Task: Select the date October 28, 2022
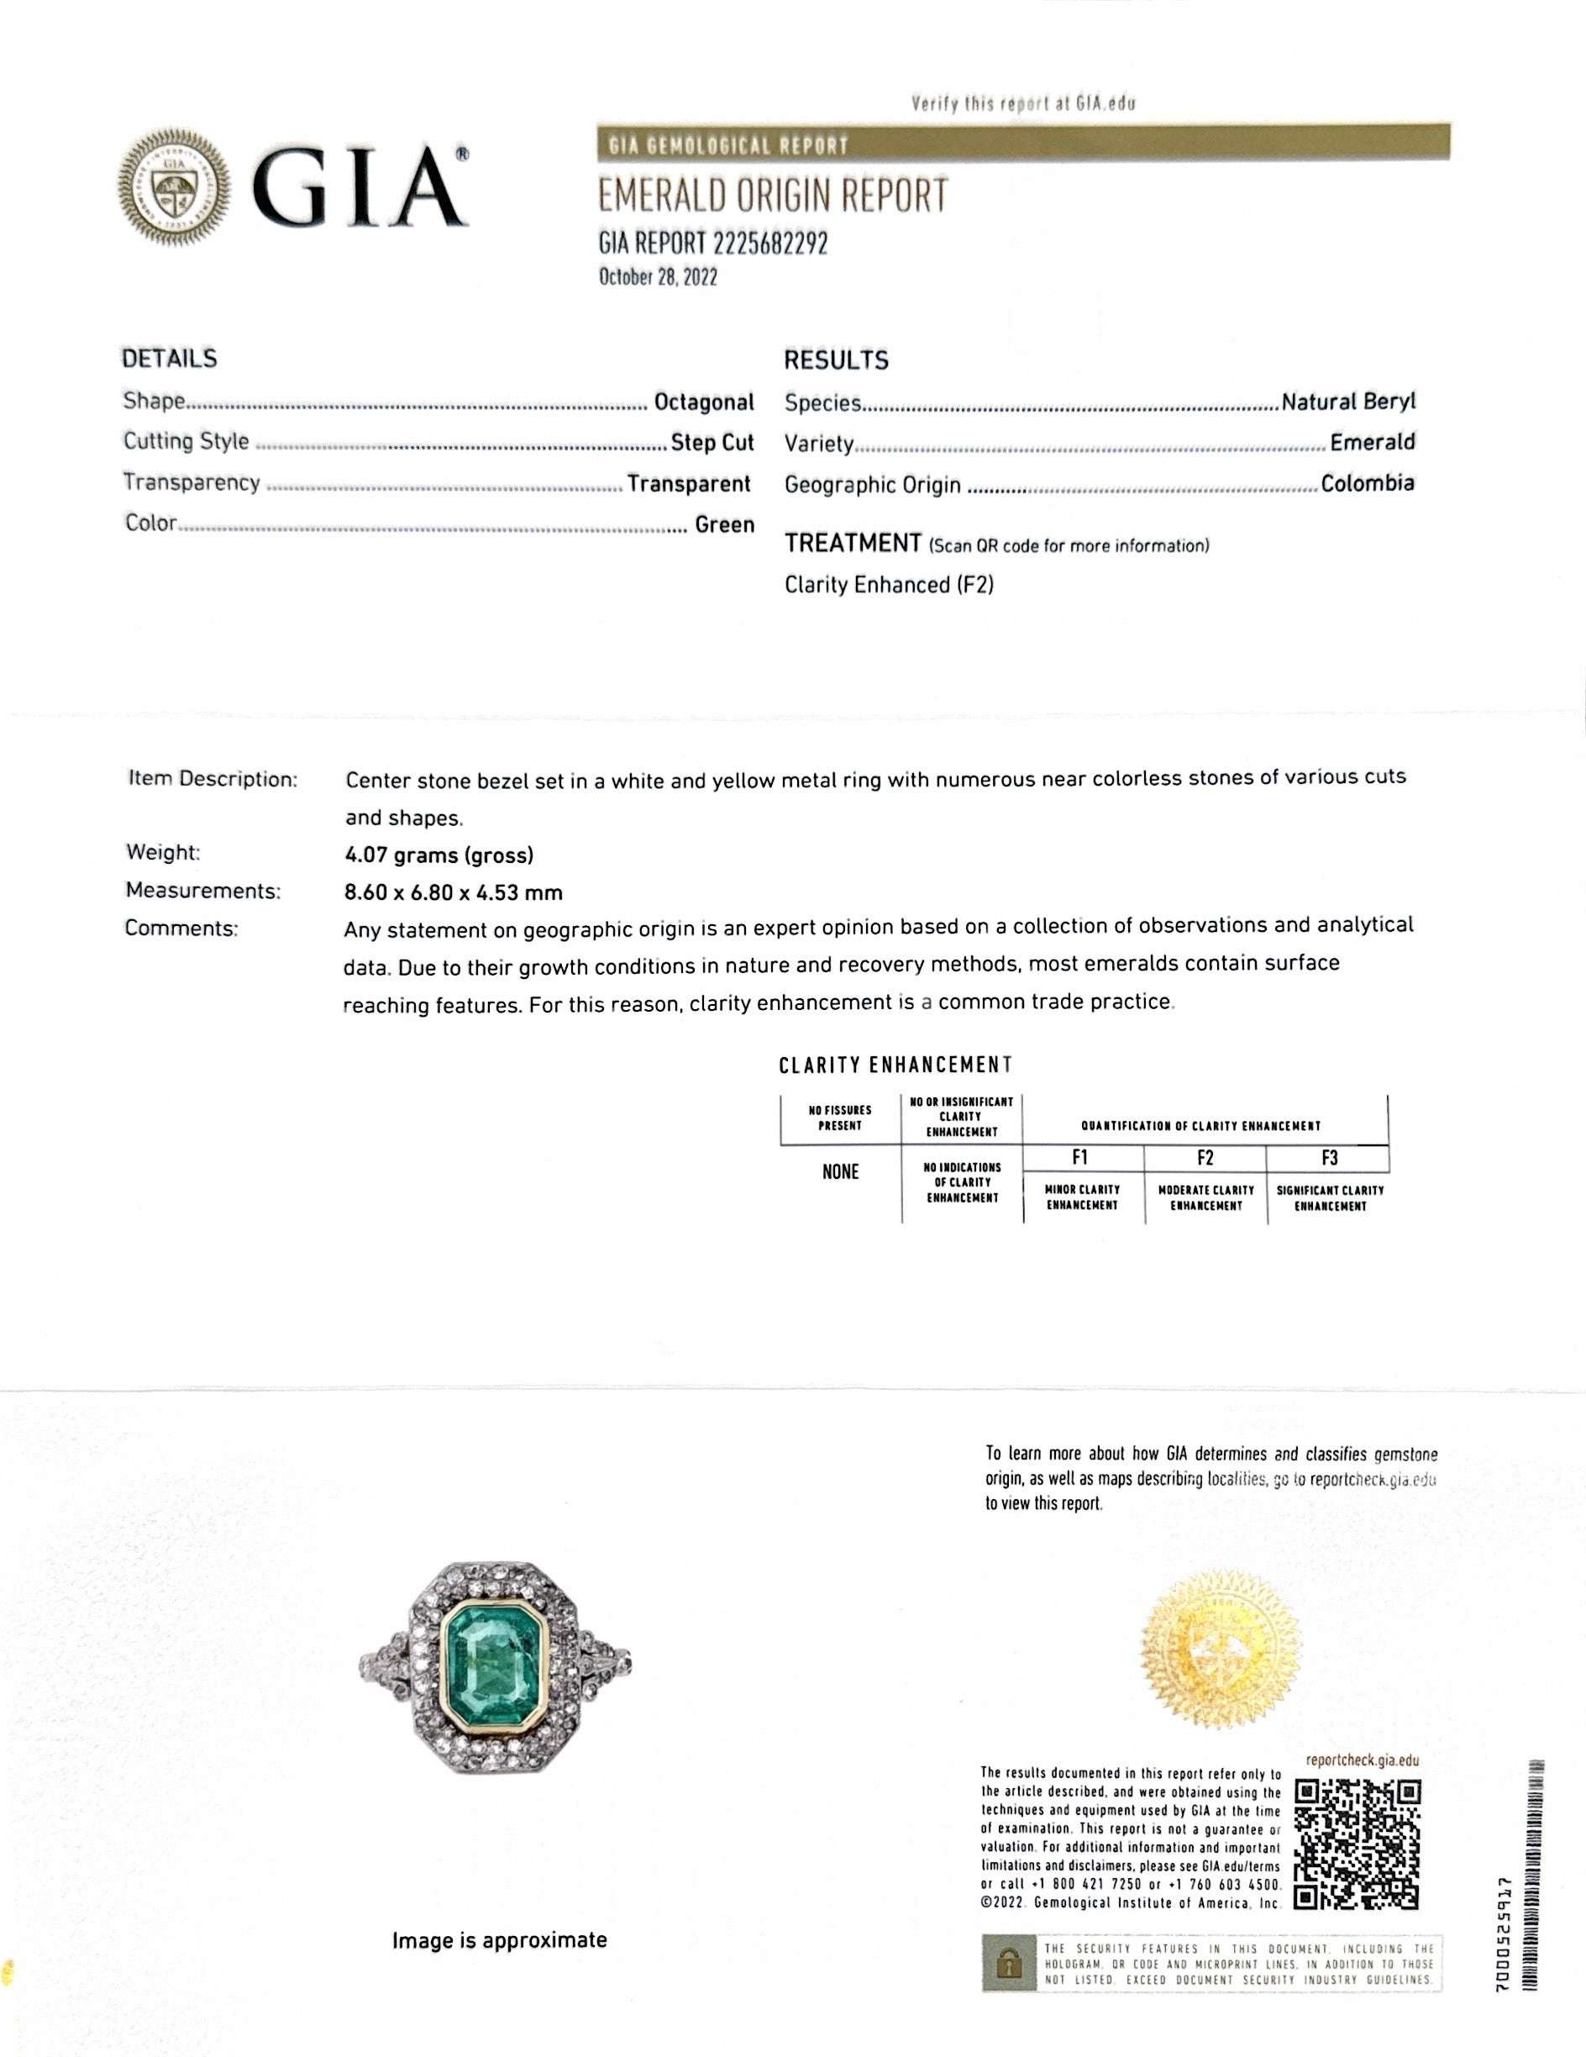tap(658, 277)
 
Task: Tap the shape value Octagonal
tap(703, 402)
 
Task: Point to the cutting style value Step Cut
tap(712, 443)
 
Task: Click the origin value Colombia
tap(1367, 483)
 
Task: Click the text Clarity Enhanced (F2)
tap(888, 585)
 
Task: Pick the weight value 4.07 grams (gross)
tap(439, 855)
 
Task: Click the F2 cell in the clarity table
tap(1205, 1158)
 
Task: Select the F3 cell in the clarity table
tap(1328, 1158)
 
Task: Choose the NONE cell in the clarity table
tap(840, 1171)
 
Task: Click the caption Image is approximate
tap(499, 1940)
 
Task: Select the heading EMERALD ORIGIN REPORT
tap(772, 197)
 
